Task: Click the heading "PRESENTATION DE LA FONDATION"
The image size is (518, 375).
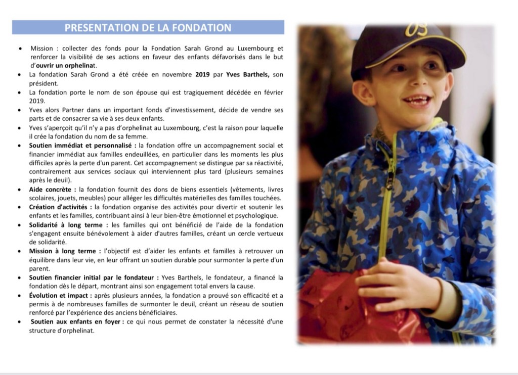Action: point(148,27)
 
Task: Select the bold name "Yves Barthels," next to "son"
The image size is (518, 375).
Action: point(245,74)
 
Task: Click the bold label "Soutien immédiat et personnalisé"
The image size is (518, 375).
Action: point(79,145)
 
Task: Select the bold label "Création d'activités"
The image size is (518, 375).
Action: point(59,207)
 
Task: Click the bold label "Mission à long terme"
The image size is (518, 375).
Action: point(62,251)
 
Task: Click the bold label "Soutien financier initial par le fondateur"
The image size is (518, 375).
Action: point(92,277)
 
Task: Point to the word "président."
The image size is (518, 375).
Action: point(44,83)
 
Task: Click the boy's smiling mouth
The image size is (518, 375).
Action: point(417,100)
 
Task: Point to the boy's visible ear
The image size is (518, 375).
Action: point(363,92)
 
